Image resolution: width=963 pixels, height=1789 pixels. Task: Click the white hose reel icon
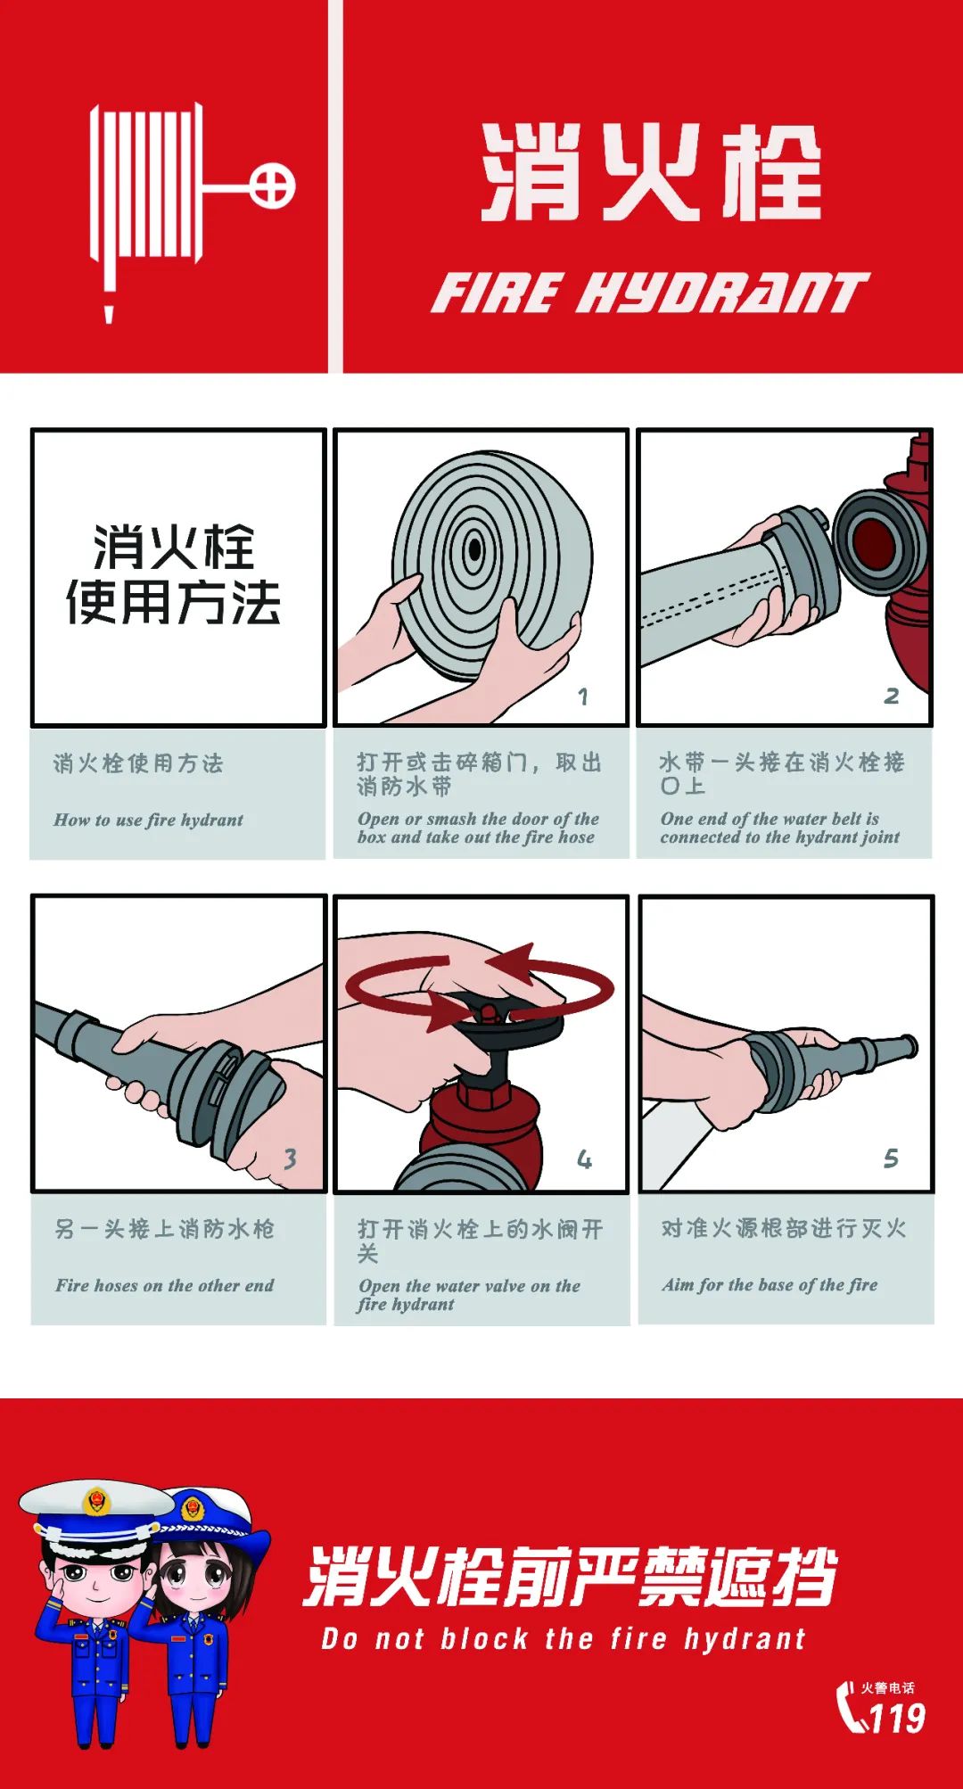click(x=147, y=187)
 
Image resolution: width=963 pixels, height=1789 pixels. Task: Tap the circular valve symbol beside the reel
click(x=271, y=186)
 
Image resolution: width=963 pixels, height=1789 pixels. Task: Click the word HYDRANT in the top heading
click(x=723, y=293)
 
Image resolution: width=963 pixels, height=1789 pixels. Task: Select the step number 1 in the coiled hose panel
click(x=582, y=697)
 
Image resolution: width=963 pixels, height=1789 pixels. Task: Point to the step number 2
click(x=891, y=696)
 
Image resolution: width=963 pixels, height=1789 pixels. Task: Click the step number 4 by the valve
click(x=584, y=1159)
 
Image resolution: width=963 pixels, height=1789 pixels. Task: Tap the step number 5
click(x=891, y=1158)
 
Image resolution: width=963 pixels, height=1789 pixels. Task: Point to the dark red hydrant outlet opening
click(x=877, y=540)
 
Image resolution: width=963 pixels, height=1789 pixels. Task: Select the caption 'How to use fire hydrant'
click(x=148, y=820)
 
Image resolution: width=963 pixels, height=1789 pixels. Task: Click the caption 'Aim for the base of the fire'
click(x=770, y=1284)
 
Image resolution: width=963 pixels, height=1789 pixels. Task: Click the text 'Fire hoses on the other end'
click(x=164, y=1285)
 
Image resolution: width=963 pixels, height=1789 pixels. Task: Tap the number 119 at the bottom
click(x=896, y=1718)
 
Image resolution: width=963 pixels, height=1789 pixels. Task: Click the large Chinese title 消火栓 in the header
click(x=651, y=172)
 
